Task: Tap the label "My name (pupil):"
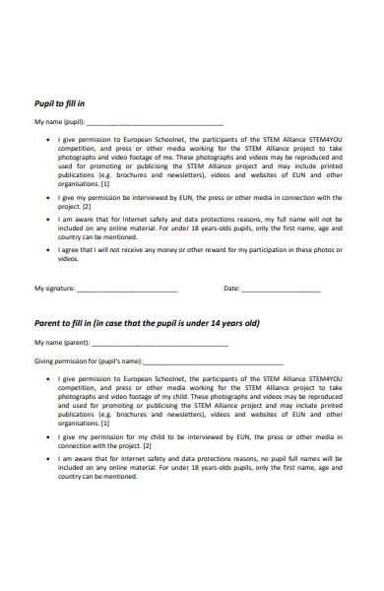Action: [60, 123]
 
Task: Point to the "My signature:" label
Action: [54, 289]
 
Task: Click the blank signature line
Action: [127, 290]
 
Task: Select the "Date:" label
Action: [231, 289]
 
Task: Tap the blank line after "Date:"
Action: [281, 290]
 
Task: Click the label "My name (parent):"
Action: [62, 344]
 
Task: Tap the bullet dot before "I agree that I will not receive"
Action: [49, 250]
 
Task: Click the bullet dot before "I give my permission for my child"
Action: [49, 436]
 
